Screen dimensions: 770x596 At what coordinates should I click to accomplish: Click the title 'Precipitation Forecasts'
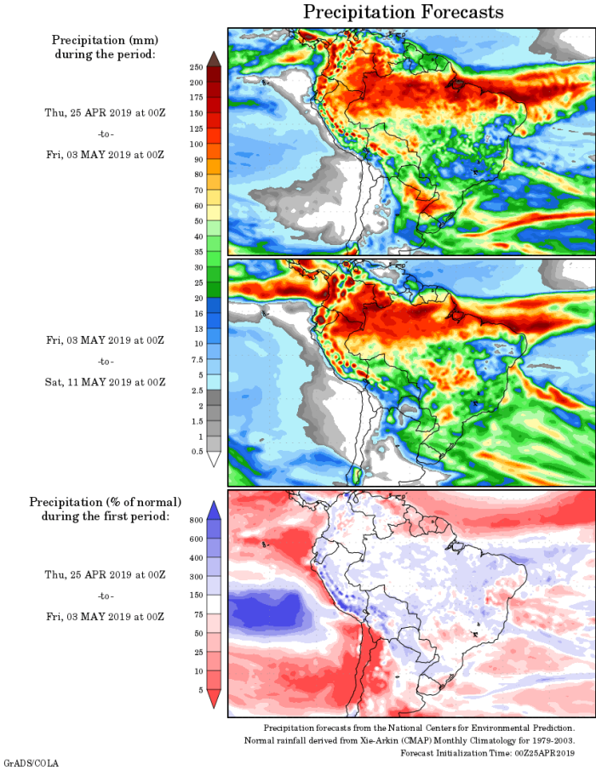404,12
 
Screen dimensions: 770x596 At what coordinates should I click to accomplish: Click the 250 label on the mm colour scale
195,66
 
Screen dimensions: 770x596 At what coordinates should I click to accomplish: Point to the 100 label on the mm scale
195,144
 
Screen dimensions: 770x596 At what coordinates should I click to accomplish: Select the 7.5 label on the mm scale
195,359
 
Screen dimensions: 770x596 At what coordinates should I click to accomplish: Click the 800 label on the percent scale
195,520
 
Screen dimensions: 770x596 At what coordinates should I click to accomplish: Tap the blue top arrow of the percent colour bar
214,509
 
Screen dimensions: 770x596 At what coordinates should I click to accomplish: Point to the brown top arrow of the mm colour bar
214,58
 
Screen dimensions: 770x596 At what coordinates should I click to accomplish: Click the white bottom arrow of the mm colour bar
214,459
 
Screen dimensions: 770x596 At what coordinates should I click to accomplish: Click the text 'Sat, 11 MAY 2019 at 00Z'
105,382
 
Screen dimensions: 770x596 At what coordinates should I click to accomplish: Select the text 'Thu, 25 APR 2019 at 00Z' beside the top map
105,112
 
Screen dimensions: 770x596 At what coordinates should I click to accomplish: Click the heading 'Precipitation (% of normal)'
106,502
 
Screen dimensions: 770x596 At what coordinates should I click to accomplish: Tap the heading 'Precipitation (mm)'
105,40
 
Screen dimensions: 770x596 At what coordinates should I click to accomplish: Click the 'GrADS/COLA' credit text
31,763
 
